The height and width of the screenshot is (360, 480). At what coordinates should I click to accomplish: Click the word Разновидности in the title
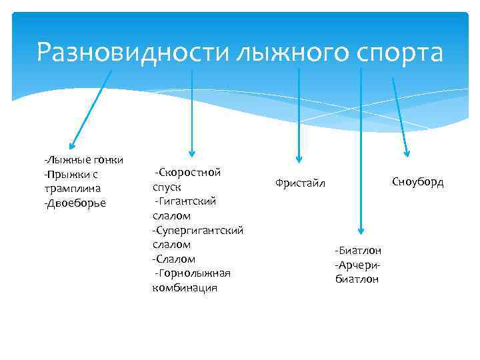tap(133, 53)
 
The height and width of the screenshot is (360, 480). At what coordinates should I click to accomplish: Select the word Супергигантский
tap(197, 230)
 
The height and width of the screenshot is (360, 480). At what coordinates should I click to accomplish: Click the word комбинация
tap(185, 287)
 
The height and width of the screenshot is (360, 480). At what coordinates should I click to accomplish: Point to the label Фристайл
tap(300, 184)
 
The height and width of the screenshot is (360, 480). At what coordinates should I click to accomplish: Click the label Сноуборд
tap(417, 182)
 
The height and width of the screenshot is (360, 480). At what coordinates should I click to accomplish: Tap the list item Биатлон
tap(358, 251)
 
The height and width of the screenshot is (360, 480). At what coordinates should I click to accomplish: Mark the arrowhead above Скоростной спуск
tap(191, 153)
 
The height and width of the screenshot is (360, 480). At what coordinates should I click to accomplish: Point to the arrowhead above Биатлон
tap(361, 229)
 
